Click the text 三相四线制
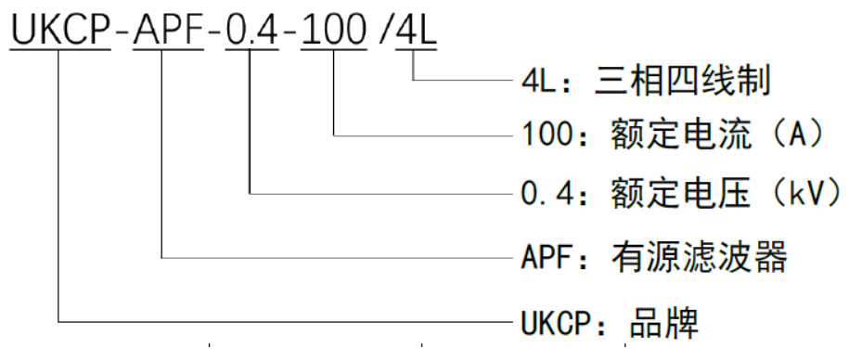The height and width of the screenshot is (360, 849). coord(681,81)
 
